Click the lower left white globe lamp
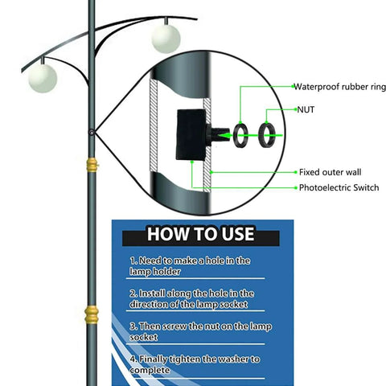click(x=42, y=78)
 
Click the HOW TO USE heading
click(x=200, y=234)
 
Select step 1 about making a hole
click(x=190, y=266)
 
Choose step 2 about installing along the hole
click(x=191, y=298)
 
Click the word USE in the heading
click(x=234, y=234)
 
